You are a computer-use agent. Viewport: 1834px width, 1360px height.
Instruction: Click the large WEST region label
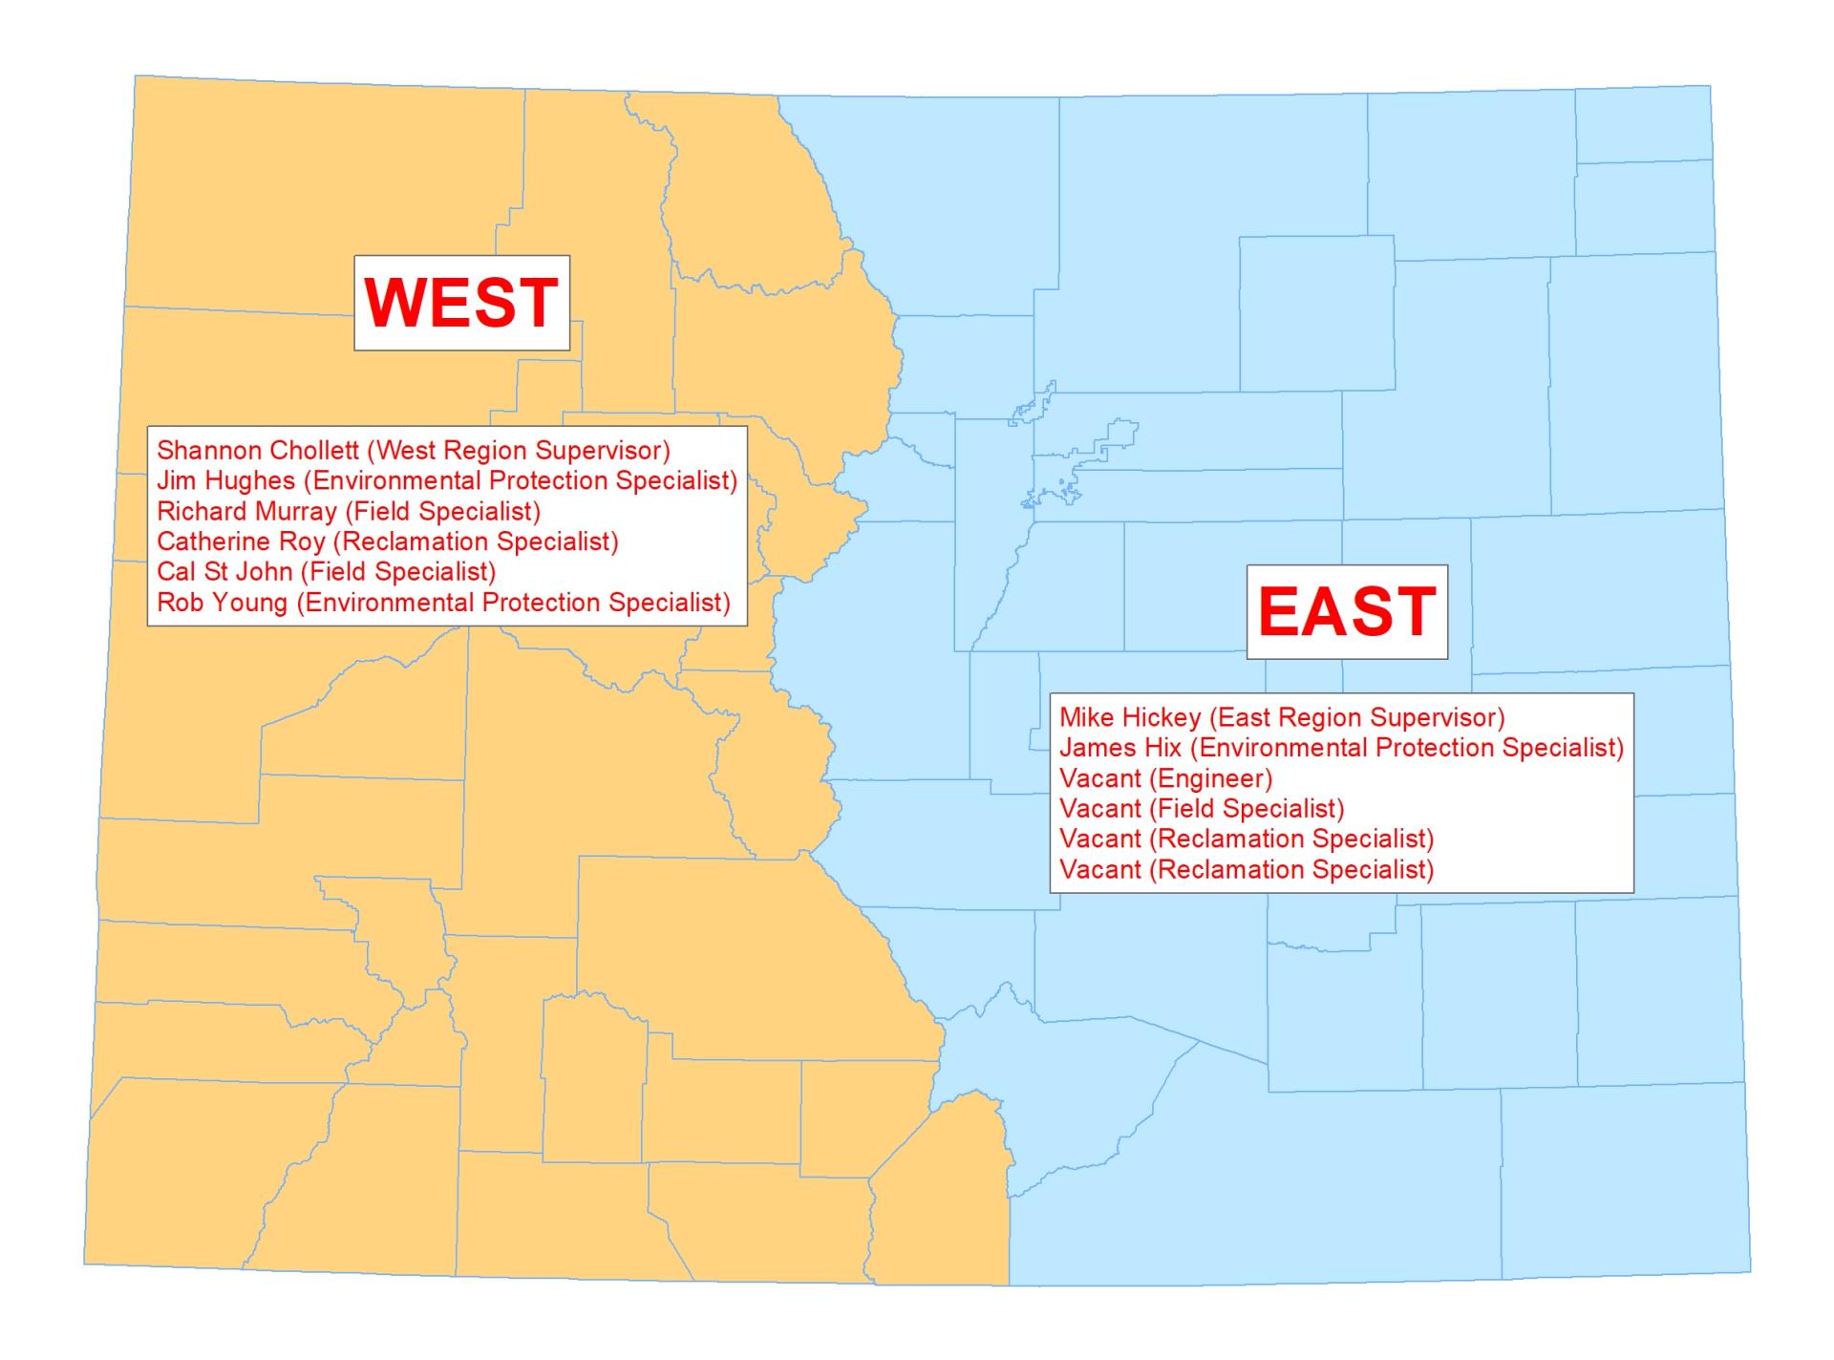[461, 303]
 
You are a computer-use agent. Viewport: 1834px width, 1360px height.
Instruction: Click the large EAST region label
[1347, 611]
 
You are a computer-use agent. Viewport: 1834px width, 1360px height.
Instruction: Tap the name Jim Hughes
[225, 480]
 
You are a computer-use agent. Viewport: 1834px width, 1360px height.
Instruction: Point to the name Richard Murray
[246, 511]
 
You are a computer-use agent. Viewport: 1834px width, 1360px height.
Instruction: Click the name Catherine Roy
[241, 542]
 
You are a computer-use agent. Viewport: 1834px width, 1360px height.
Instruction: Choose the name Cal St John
[225, 572]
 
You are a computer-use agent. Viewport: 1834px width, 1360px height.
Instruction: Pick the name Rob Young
[222, 603]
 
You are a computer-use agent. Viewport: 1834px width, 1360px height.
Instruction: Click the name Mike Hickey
[1130, 717]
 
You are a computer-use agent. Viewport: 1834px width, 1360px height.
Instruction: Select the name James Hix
[1120, 748]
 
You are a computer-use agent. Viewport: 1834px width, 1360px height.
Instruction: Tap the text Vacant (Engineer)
[1165, 778]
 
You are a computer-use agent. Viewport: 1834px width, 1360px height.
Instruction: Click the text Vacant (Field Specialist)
[1202, 809]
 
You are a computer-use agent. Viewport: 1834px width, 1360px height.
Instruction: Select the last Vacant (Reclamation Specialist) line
[1247, 870]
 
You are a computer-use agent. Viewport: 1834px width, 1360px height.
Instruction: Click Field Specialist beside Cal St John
[397, 572]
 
